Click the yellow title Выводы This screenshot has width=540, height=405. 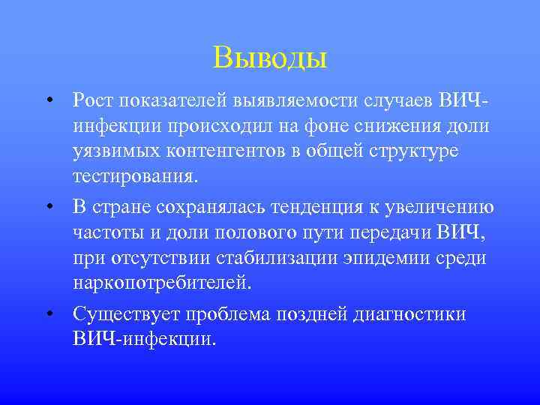[270, 57]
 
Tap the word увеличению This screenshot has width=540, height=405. [442, 207]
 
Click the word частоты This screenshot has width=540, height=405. [110, 233]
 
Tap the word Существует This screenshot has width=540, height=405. [126, 313]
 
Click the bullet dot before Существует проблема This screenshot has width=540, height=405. [48, 313]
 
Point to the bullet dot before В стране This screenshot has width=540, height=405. [48, 207]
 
